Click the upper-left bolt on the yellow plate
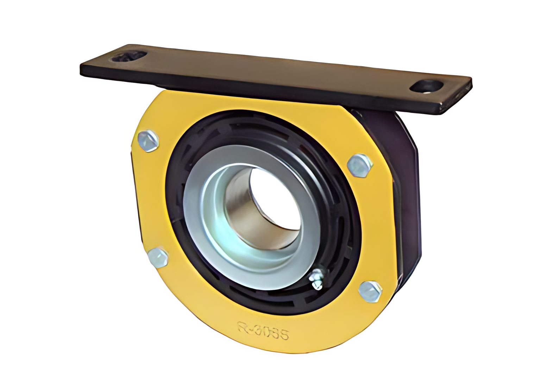pos(148,141)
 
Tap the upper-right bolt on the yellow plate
pos(359,165)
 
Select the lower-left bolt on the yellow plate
pos(158,257)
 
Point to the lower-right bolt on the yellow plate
pos(370,291)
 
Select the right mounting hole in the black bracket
pos(427,86)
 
